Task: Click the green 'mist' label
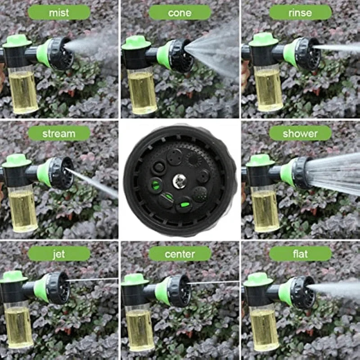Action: pyautogui.click(x=59, y=13)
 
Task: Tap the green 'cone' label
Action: pyautogui.click(x=180, y=13)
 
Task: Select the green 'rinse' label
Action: pyautogui.click(x=300, y=13)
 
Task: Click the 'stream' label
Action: pyautogui.click(x=59, y=133)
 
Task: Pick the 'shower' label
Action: pyautogui.click(x=300, y=133)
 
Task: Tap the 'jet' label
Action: pyautogui.click(x=59, y=254)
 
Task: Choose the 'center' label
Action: pyautogui.click(x=180, y=254)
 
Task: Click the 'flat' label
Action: pyautogui.click(x=300, y=254)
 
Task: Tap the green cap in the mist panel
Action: pyautogui.click(x=17, y=41)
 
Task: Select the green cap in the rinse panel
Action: pyautogui.click(x=263, y=40)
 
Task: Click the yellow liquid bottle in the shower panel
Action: pyautogui.click(x=265, y=209)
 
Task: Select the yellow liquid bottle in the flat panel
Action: pyautogui.click(x=264, y=329)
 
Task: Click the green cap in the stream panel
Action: pyautogui.click(x=17, y=161)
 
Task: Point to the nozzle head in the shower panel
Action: pyautogui.click(x=300, y=173)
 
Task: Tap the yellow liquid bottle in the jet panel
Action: pyautogui.click(x=18, y=327)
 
